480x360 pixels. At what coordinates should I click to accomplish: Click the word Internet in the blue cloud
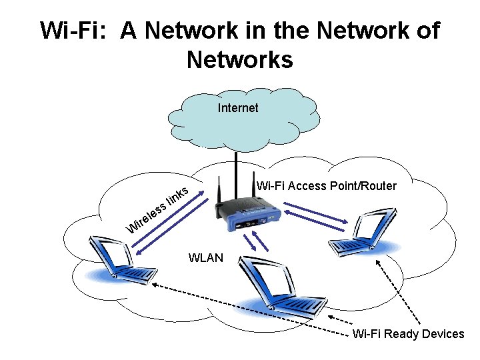tap(238, 107)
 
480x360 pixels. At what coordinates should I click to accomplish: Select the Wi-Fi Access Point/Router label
tap(327, 186)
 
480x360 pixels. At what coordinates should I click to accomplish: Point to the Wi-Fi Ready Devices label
tap(408, 334)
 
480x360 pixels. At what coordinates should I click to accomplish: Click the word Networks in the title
tap(239, 60)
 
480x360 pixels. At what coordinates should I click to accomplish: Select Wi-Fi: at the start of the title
tap(74, 31)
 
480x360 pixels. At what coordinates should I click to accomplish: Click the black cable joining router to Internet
tap(236, 167)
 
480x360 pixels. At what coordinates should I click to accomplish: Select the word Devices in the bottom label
tap(442, 334)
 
